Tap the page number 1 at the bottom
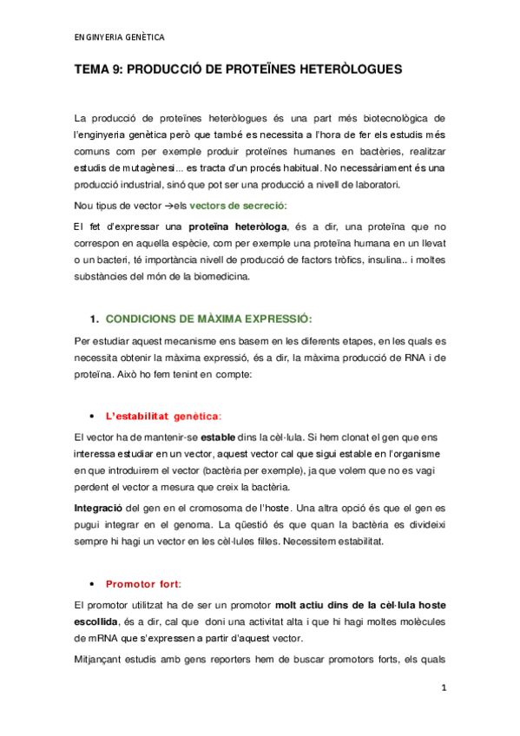[x=444, y=688]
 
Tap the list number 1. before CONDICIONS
[x=96, y=318]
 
